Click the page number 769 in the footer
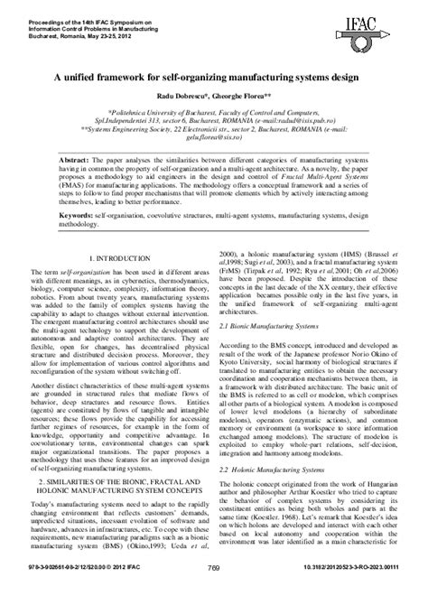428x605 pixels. coord(214,592)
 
